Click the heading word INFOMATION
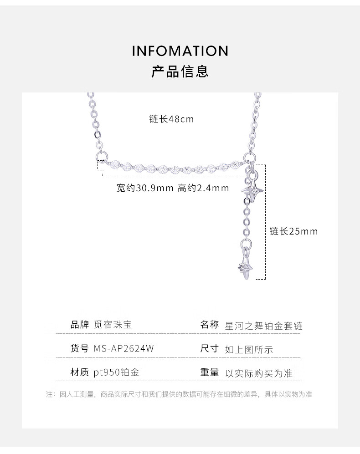tap(180, 51)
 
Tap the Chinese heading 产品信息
tap(180, 71)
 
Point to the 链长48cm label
tap(171, 119)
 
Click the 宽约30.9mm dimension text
tap(145, 188)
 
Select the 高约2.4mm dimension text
tap(203, 188)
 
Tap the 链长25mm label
tap(293, 231)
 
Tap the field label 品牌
tap(80, 325)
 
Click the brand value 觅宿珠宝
tap(113, 325)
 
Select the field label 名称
tap(210, 325)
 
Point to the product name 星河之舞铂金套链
tap(264, 326)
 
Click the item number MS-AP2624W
tap(123, 349)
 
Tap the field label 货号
tap(80, 349)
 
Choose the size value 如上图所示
tap(249, 350)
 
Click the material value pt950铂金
tap(116, 372)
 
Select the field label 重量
tap(210, 372)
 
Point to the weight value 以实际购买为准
tap(259, 373)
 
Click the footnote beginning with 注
tap(179, 394)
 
